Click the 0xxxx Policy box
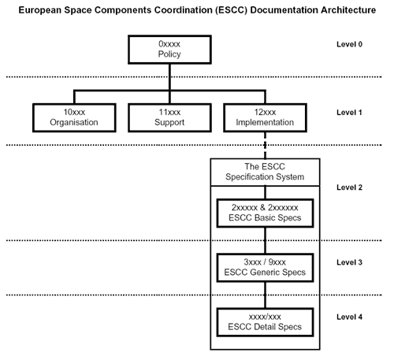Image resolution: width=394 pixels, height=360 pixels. (x=169, y=50)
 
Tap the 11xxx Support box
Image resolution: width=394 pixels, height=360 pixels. (x=169, y=118)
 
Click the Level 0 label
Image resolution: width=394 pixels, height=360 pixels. (x=349, y=44)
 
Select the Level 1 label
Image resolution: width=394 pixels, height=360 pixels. (x=349, y=113)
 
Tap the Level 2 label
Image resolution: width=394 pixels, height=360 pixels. (x=349, y=187)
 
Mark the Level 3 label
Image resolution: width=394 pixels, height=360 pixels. (x=349, y=262)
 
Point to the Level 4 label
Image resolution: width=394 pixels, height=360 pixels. (x=349, y=317)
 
